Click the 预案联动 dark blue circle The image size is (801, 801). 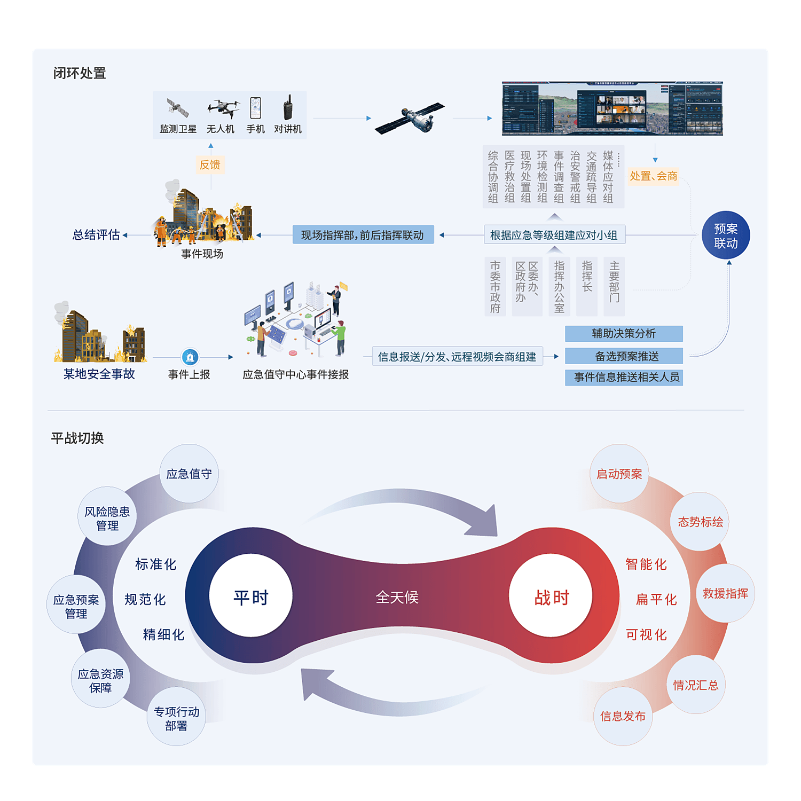[x=726, y=235]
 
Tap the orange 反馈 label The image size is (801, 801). [x=210, y=164]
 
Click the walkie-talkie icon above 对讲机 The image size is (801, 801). [x=288, y=107]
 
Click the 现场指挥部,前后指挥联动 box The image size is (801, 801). [x=363, y=235]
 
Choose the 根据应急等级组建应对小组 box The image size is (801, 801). [x=554, y=235]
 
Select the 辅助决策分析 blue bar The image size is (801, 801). [x=624, y=334]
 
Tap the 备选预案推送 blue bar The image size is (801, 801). [x=624, y=356]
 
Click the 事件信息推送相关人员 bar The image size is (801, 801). [x=624, y=378]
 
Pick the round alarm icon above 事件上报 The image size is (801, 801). [x=190, y=357]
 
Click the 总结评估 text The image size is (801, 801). [x=96, y=235]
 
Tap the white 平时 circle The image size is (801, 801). [x=251, y=596]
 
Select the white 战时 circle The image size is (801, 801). [x=552, y=596]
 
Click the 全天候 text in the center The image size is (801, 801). [x=397, y=597]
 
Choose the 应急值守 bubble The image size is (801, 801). [x=189, y=474]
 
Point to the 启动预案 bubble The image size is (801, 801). [x=619, y=474]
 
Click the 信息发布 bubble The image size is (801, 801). [x=623, y=716]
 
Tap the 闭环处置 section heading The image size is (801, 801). [x=80, y=73]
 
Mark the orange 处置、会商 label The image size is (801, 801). [x=653, y=176]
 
